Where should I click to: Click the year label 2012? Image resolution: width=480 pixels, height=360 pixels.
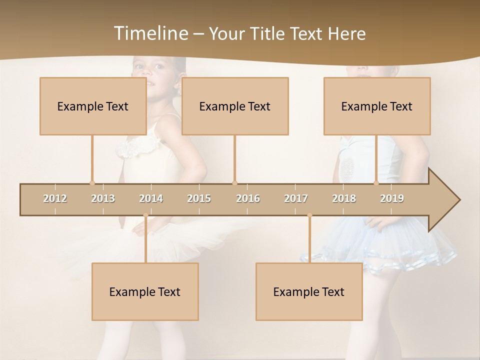coord(55,198)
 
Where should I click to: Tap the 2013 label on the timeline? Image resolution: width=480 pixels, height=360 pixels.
coord(103,198)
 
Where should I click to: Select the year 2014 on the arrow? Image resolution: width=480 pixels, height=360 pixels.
coord(151,198)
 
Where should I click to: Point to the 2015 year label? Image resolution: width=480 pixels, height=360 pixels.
coord(199,198)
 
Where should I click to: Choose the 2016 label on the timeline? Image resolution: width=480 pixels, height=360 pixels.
coord(248,198)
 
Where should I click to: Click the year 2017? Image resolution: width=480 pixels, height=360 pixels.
coord(296,198)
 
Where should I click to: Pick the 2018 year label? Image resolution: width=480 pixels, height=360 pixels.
coord(344,198)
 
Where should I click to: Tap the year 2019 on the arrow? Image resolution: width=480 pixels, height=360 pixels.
coord(392,198)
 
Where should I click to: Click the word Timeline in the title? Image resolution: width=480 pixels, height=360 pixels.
coord(150,33)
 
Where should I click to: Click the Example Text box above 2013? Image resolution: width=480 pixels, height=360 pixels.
coord(92,106)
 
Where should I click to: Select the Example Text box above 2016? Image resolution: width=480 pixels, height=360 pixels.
coord(234,106)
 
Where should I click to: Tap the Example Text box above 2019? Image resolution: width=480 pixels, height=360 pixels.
coord(376,106)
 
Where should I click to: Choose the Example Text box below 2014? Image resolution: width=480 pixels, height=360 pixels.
coord(145,291)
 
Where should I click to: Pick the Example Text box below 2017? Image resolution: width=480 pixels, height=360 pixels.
coord(309,291)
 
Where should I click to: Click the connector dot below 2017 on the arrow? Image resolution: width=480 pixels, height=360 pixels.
coord(309,215)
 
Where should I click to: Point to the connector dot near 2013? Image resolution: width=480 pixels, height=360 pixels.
coord(92,183)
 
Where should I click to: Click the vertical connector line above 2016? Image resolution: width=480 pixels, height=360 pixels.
coord(234,157)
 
